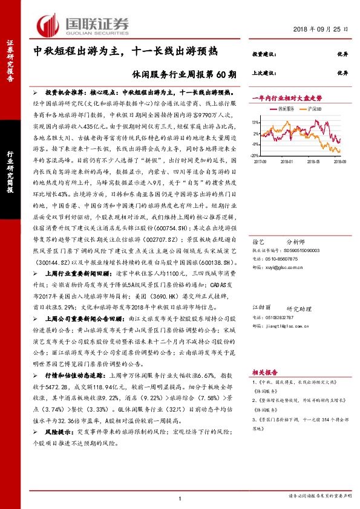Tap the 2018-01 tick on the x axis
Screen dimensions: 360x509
click(287, 161)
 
